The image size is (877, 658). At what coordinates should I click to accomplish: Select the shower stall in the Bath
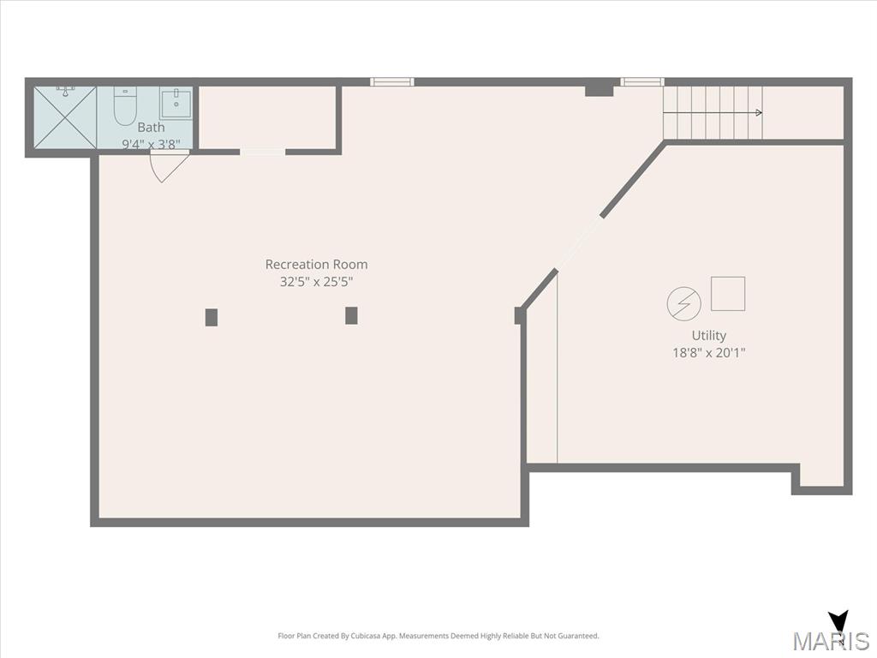pyautogui.click(x=65, y=117)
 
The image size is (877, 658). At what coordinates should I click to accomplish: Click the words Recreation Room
pyautogui.click(x=317, y=264)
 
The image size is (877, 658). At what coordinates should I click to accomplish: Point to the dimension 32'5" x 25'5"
pyautogui.click(x=317, y=281)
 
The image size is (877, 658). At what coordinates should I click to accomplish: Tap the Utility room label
pyautogui.click(x=709, y=335)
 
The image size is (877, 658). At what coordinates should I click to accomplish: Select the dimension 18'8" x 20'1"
pyautogui.click(x=709, y=352)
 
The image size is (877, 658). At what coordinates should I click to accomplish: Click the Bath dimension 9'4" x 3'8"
pyautogui.click(x=151, y=144)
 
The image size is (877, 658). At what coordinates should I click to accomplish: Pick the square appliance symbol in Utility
pyautogui.click(x=728, y=294)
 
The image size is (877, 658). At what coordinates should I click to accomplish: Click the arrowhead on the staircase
pyautogui.click(x=759, y=112)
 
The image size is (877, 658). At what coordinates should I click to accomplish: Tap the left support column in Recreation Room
pyautogui.click(x=212, y=317)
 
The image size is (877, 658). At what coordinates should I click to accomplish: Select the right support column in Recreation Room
pyautogui.click(x=351, y=315)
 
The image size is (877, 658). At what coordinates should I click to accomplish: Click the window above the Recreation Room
pyautogui.click(x=392, y=81)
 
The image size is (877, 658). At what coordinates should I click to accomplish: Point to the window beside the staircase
pyautogui.click(x=642, y=81)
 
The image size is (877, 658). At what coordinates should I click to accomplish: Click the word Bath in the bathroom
pyautogui.click(x=151, y=127)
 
